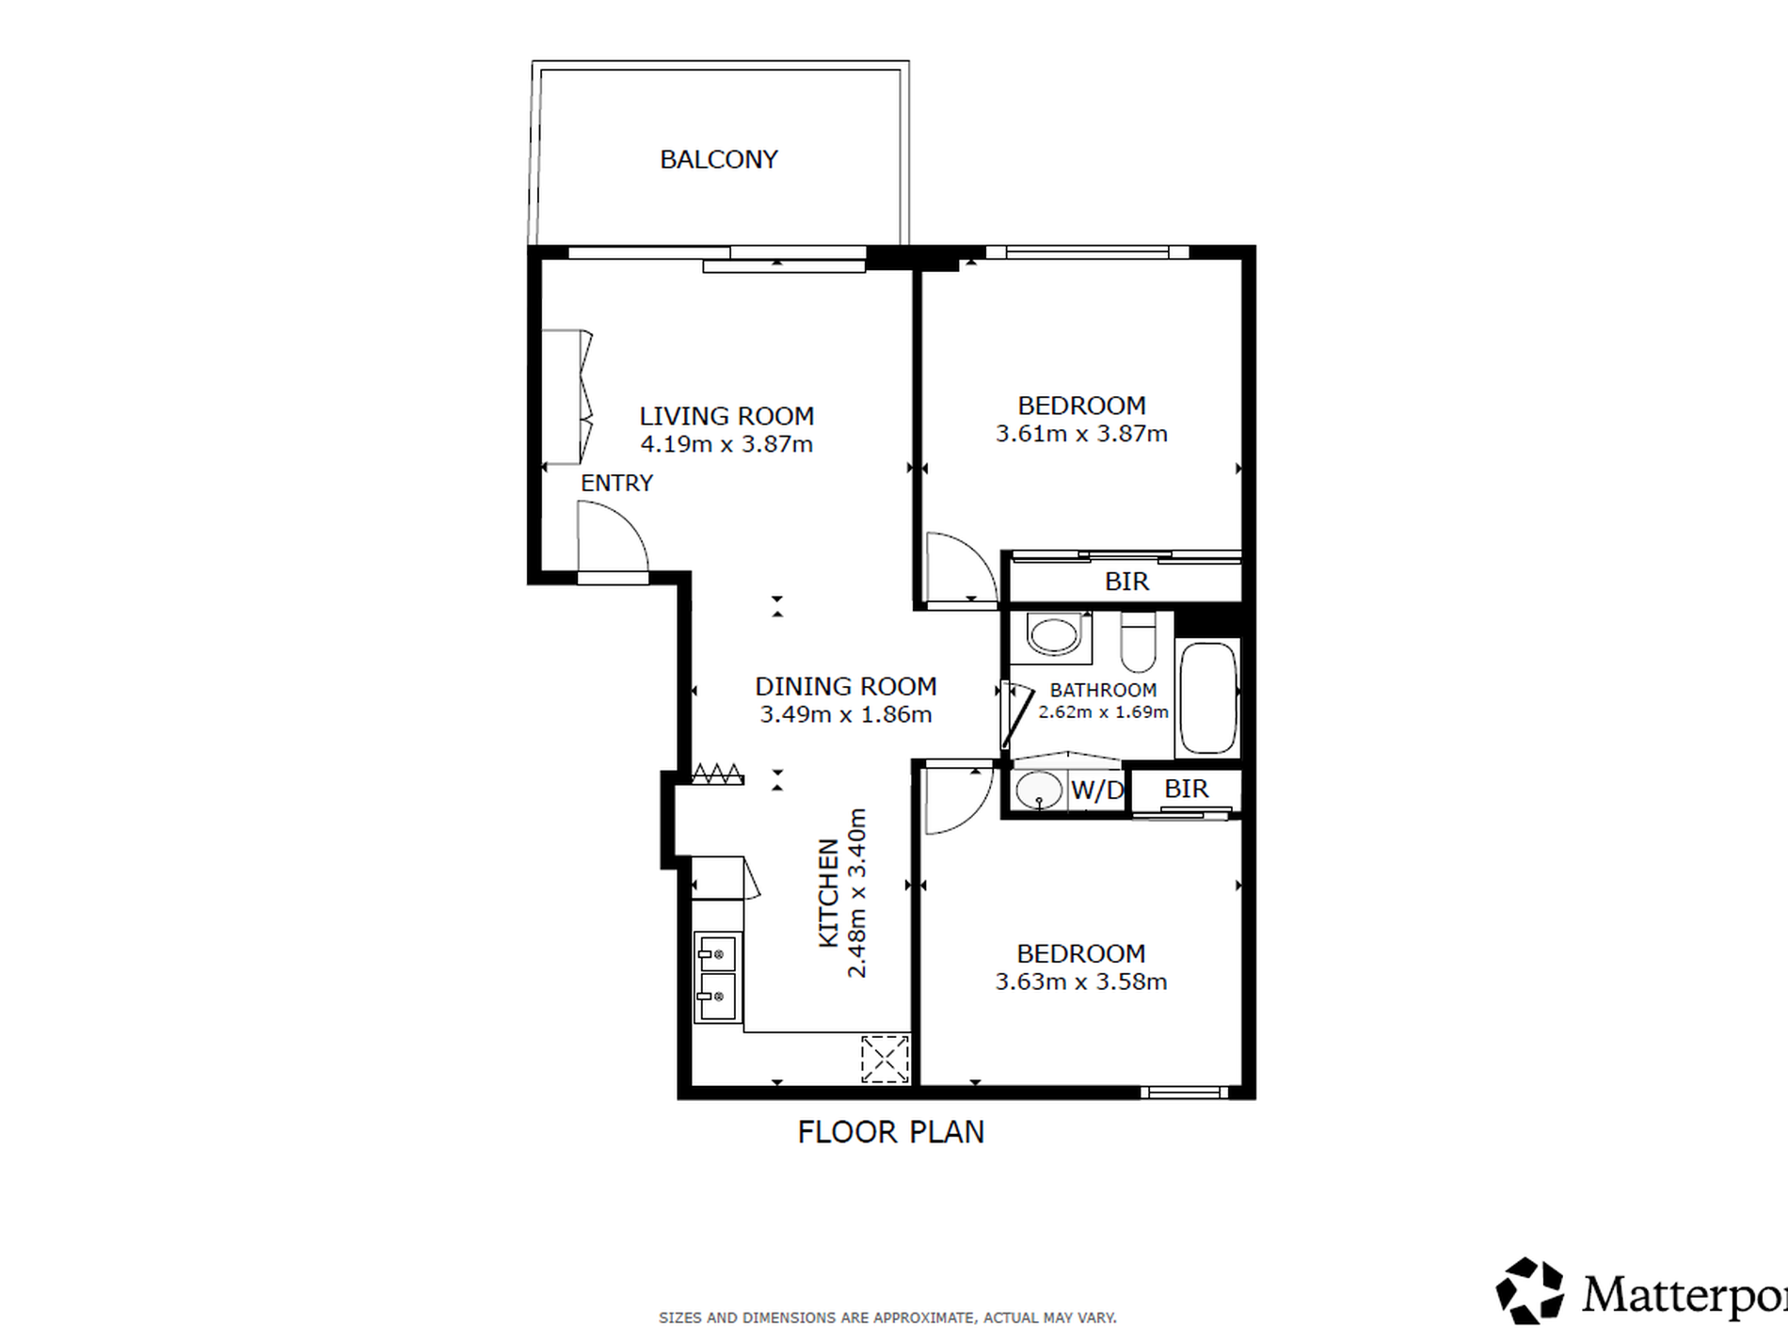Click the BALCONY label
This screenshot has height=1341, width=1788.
pyautogui.click(x=719, y=160)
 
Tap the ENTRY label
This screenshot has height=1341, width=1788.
pyautogui.click(x=616, y=484)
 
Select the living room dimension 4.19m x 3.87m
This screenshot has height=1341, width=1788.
pyautogui.click(x=726, y=444)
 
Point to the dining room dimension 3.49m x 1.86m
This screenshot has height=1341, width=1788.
pyautogui.click(x=846, y=714)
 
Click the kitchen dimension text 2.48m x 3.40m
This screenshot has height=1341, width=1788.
pyautogui.click(x=856, y=893)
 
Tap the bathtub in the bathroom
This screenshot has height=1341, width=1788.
pyautogui.click(x=1208, y=697)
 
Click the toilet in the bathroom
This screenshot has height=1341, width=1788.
pyautogui.click(x=1139, y=642)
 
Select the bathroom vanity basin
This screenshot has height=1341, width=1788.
pyautogui.click(x=1053, y=635)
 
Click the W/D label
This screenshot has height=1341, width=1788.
pyautogui.click(x=1097, y=790)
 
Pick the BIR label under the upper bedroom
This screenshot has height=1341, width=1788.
pyautogui.click(x=1126, y=583)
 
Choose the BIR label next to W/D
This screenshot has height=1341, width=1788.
pyautogui.click(x=1186, y=789)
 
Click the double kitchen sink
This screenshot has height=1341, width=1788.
pyautogui.click(x=717, y=977)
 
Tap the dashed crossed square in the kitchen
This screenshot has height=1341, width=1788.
pyautogui.click(x=885, y=1059)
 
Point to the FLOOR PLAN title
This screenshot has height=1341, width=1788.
pyautogui.click(x=891, y=1132)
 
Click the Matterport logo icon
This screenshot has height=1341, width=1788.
pyautogui.click(x=1530, y=1291)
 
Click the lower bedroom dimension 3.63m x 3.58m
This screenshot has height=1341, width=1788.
pyautogui.click(x=1081, y=982)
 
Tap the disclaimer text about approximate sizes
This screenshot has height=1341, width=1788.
pyautogui.click(x=887, y=1318)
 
